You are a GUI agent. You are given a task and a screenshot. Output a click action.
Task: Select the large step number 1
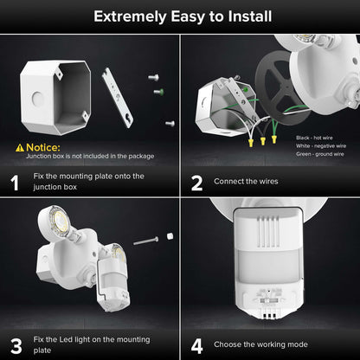tap(14, 183)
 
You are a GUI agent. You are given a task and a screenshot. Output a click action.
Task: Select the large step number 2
tap(196, 183)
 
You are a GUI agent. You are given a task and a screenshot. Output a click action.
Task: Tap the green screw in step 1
tap(157, 91)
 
